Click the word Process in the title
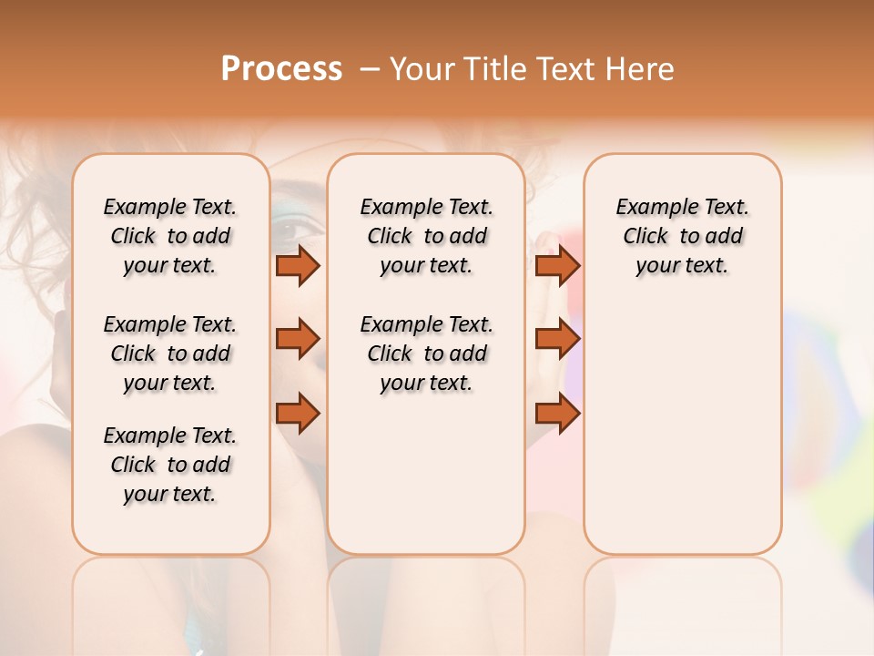click(x=281, y=69)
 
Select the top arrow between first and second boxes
click(x=298, y=265)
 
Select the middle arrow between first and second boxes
click(x=298, y=339)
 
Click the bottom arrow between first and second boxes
click(x=298, y=414)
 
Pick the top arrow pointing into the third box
click(x=557, y=265)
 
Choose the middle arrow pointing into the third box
click(x=557, y=339)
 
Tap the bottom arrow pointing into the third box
click(x=557, y=414)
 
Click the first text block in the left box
click(x=170, y=236)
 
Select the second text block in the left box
click(x=170, y=354)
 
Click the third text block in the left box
click(x=170, y=465)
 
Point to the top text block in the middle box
click(x=426, y=236)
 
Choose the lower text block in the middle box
click(x=426, y=354)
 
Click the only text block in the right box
click(x=682, y=236)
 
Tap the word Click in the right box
click(x=645, y=237)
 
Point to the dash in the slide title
click(x=369, y=69)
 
